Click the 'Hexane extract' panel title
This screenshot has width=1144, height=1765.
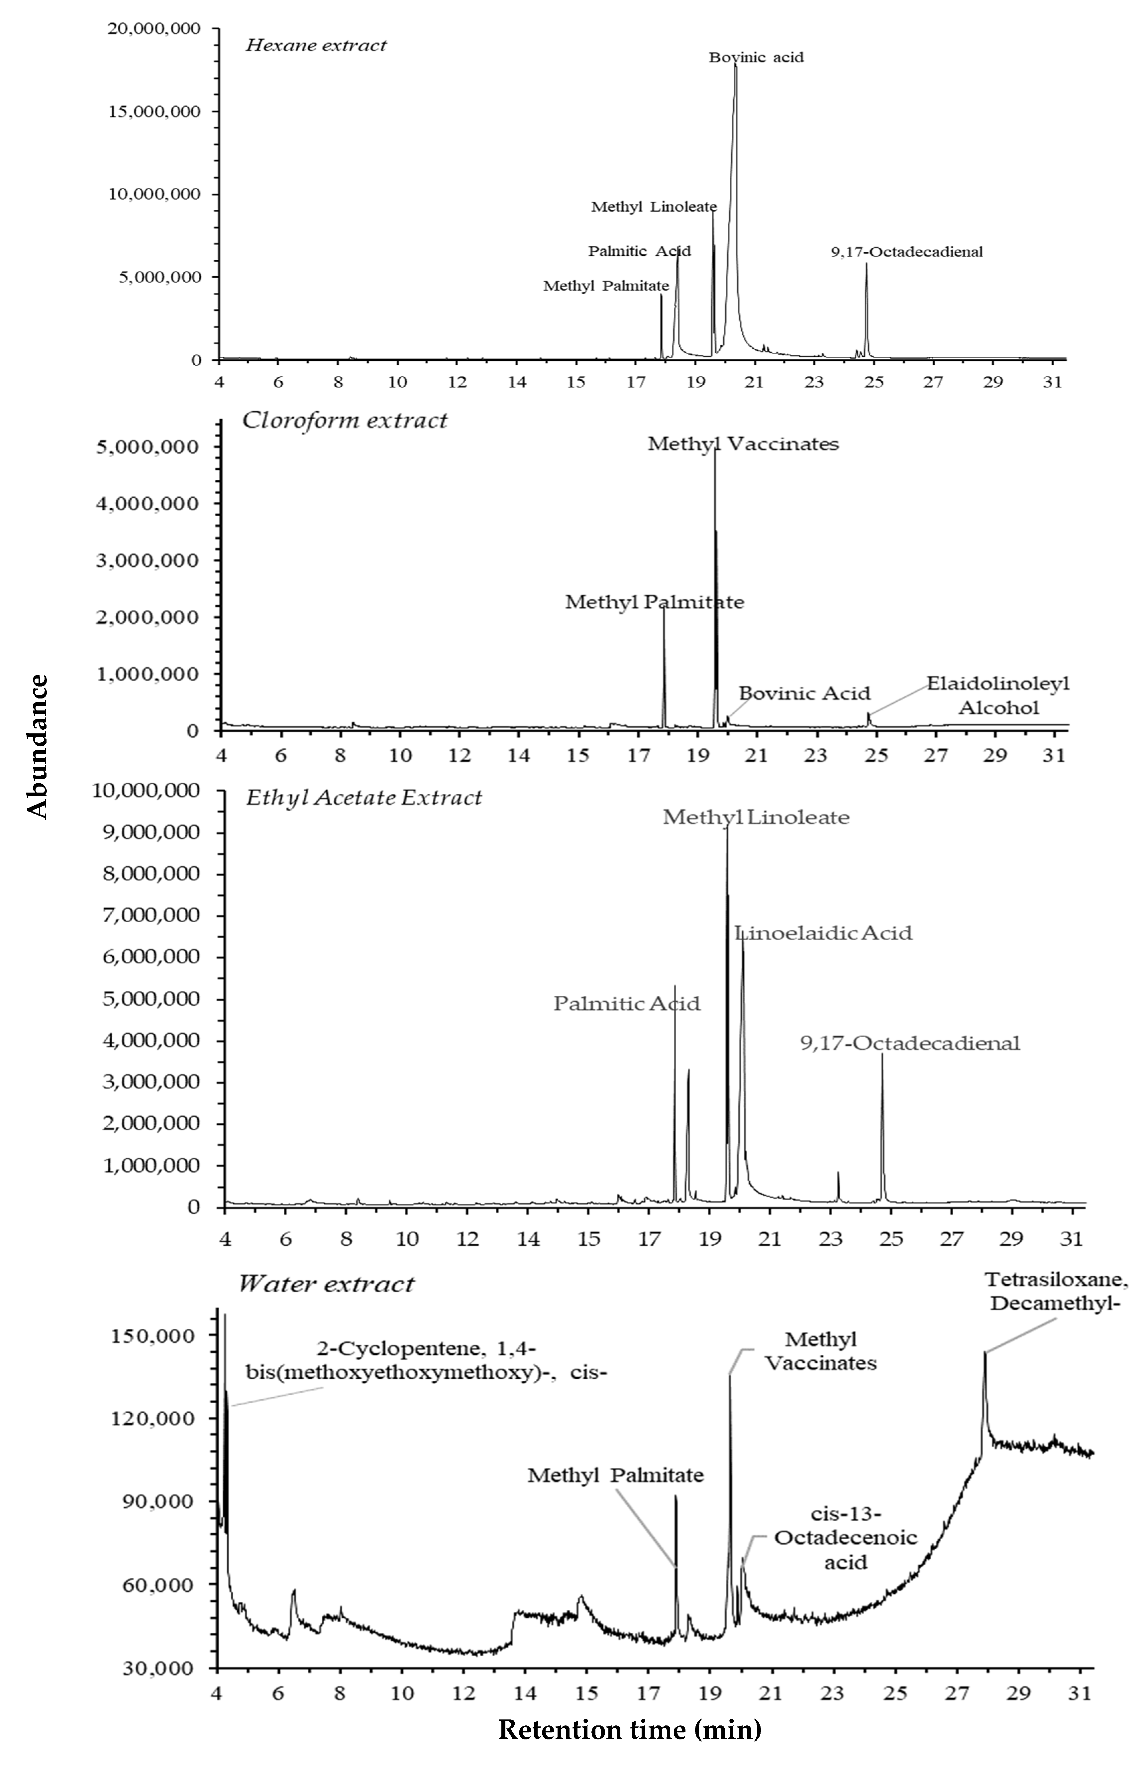pyautogui.click(x=316, y=45)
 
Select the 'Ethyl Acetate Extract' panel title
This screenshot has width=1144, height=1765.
pyautogui.click(x=363, y=798)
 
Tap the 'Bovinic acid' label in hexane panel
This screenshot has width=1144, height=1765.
pyautogui.click(x=756, y=57)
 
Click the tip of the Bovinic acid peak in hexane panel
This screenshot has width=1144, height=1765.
pyautogui.click(x=736, y=64)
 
